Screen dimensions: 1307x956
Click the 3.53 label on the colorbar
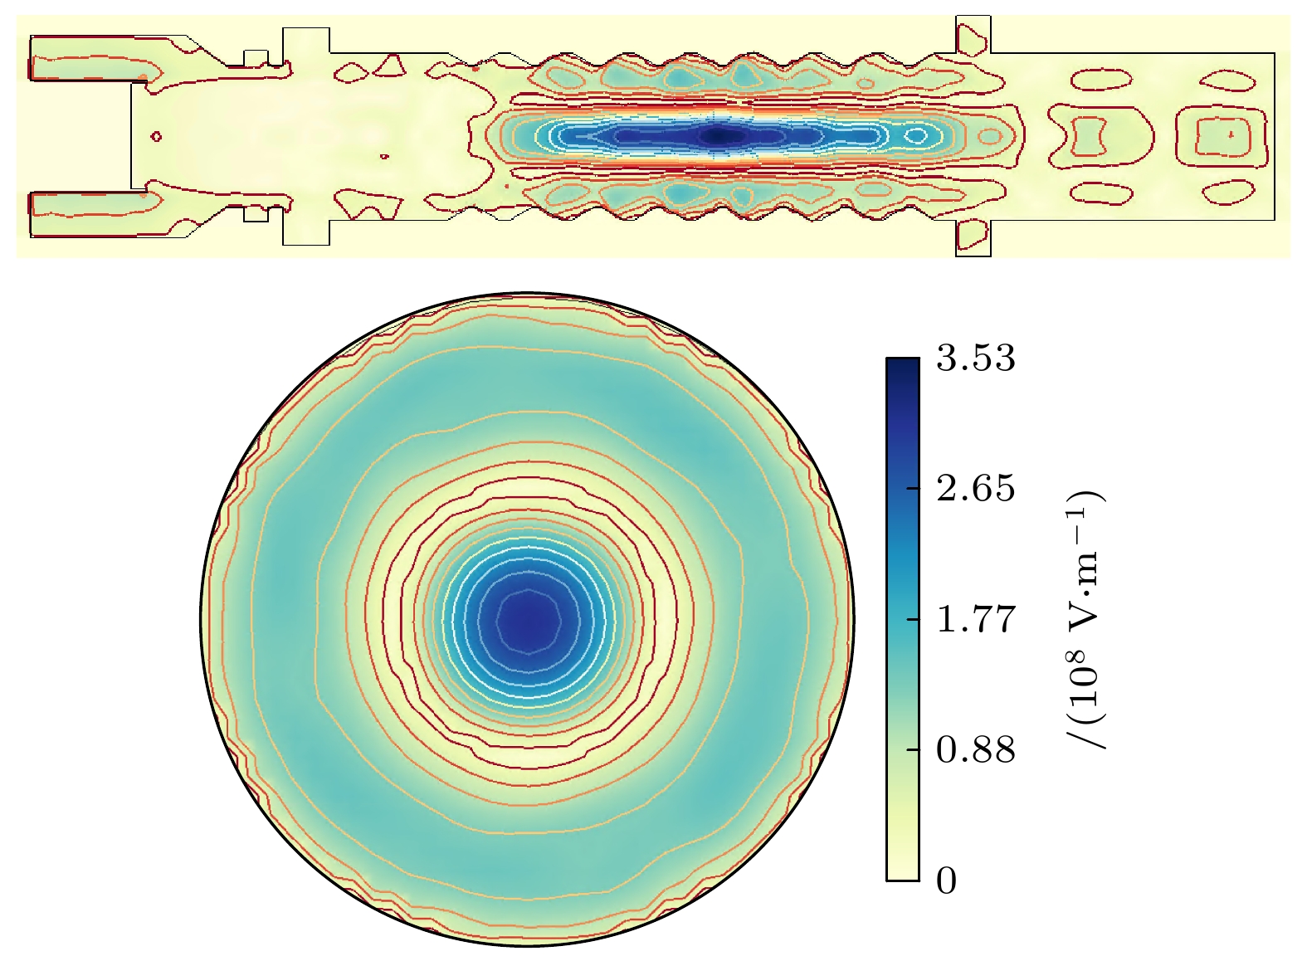click(976, 357)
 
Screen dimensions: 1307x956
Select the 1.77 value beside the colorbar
click(976, 618)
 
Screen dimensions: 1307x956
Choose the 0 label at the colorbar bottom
click(946, 880)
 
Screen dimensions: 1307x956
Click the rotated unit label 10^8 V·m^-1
click(1086, 620)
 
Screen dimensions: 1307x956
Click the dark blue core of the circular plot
click(529, 622)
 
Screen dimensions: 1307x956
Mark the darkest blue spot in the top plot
click(719, 136)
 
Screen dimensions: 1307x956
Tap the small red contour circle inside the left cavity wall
click(156, 137)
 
